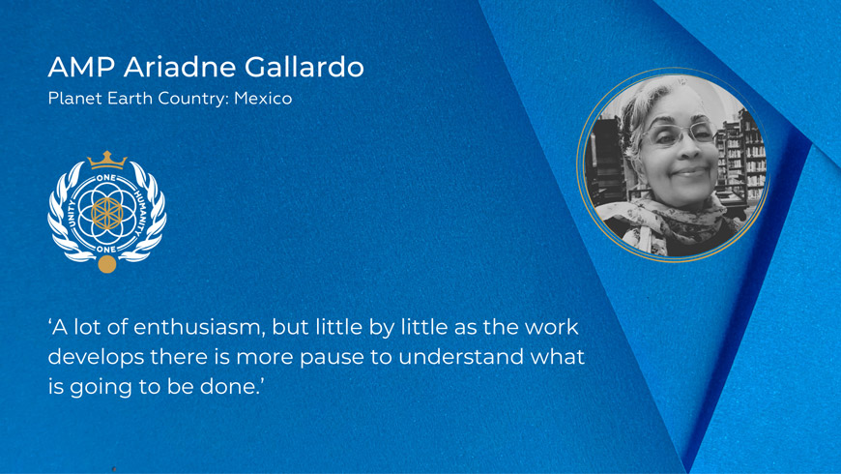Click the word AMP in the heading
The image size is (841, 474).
(x=81, y=67)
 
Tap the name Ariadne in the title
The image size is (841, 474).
(x=180, y=67)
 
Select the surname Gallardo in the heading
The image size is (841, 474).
(x=304, y=67)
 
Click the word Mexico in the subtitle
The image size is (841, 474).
(x=263, y=99)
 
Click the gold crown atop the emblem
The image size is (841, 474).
(x=107, y=160)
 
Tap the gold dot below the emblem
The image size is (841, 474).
(x=106, y=264)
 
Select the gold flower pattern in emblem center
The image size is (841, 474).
(x=106, y=213)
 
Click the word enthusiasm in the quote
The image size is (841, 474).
(x=199, y=327)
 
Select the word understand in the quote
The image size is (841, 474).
(x=461, y=356)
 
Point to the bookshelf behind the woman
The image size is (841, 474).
(x=740, y=156)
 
